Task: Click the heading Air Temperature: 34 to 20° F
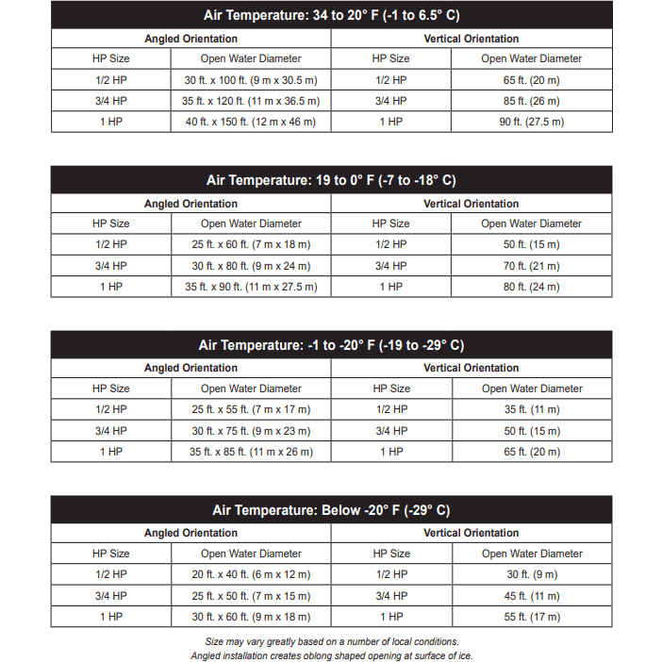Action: pyautogui.click(x=331, y=15)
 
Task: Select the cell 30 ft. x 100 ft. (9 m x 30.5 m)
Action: pyautogui.click(x=251, y=80)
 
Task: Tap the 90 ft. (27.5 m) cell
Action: pyautogui.click(x=531, y=122)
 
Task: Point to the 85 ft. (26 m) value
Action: pyautogui.click(x=531, y=101)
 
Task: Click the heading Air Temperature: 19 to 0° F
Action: pyautogui.click(x=331, y=180)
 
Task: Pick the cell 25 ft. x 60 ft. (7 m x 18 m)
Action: pyautogui.click(x=251, y=245)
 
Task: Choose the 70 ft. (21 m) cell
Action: pyautogui.click(x=531, y=266)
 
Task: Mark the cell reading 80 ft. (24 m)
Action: pyautogui.click(x=531, y=287)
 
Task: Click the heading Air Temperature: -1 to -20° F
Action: pyautogui.click(x=331, y=345)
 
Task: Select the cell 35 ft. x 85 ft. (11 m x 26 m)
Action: pyautogui.click(x=251, y=452)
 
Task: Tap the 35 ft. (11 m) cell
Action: pyautogui.click(x=531, y=409)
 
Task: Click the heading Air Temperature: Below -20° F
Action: pyautogui.click(x=331, y=510)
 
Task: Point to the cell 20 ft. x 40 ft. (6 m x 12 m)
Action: pyautogui.click(x=251, y=574)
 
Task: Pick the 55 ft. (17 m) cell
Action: pyautogui.click(x=531, y=617)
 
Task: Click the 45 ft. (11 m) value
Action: pyautogui.click(x=531, y=595)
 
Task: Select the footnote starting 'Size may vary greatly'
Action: pyautogui.click(x=331, y=642)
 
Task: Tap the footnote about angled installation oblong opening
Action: pyautogui.click(x=331, y=655)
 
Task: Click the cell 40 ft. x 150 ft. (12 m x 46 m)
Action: pyautogui.click(x=251, y=122)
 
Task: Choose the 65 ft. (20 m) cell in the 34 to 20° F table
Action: pyautogui.click(x=531, y=80)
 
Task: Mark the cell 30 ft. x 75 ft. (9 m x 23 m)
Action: pyautogui.click(x=251, y=431)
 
